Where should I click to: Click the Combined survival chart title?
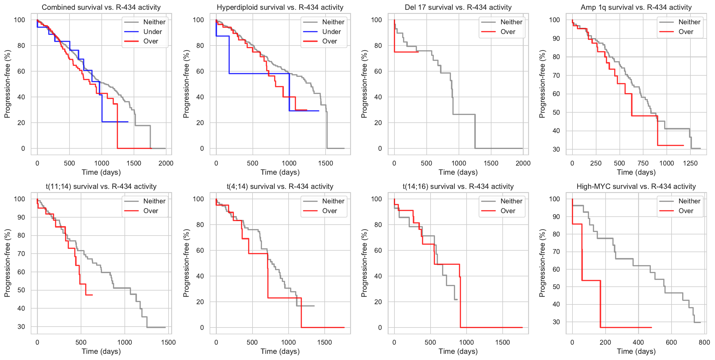[101, 7]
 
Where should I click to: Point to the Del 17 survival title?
[458, 7]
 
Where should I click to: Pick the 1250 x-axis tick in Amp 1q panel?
[690, 163]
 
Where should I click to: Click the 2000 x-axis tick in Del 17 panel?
[523, 163]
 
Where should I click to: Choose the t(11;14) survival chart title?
[101, 187]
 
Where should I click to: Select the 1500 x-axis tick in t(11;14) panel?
[168, 342]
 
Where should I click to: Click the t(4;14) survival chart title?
[280, 187]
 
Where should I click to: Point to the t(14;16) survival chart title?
[458, 187]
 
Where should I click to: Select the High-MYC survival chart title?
[636, 187]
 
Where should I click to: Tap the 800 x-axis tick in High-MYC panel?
[704, 342]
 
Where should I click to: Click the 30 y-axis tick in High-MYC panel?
[556, 322]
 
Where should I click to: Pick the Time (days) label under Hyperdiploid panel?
[280, 172]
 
